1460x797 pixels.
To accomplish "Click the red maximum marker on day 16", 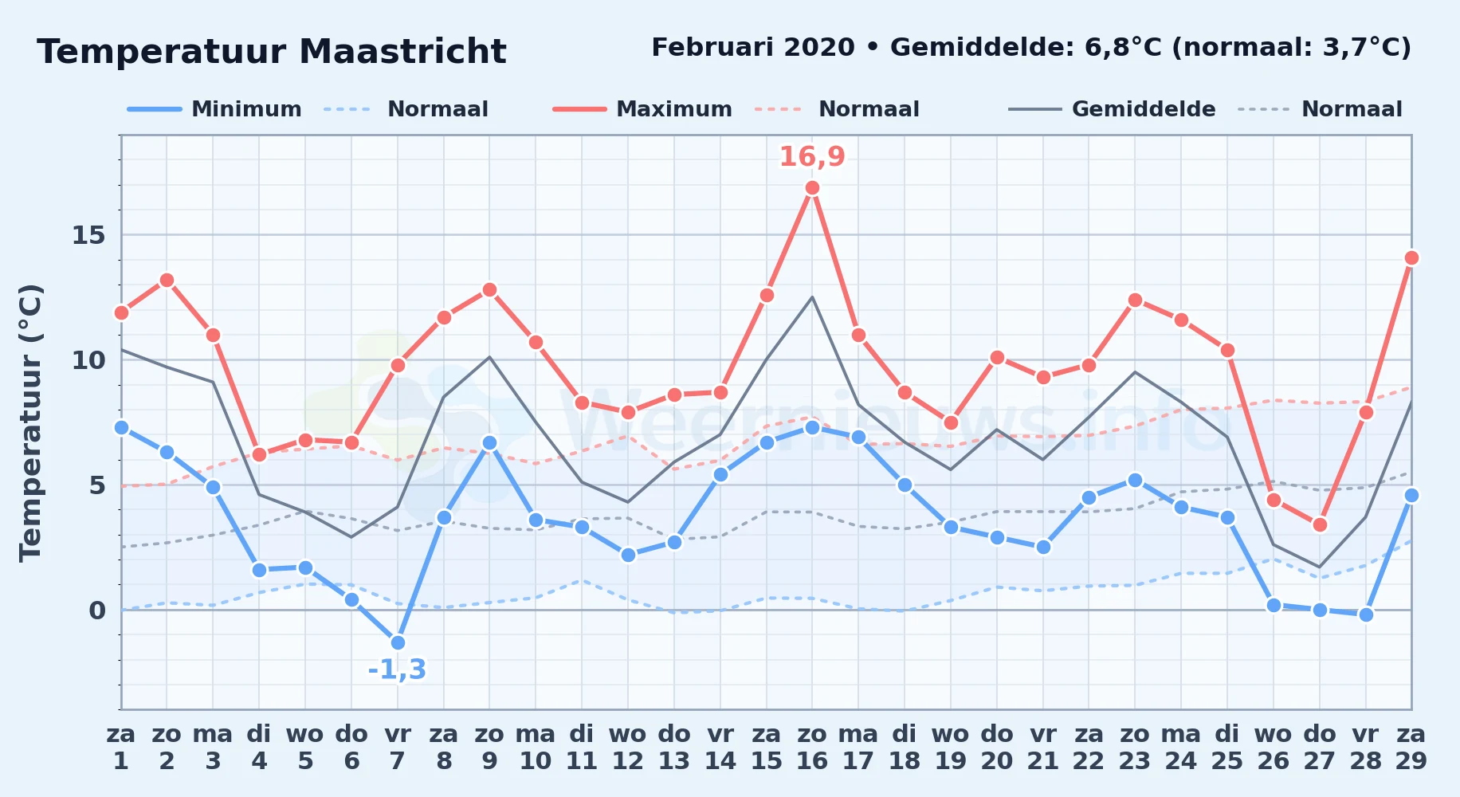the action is (812, 188).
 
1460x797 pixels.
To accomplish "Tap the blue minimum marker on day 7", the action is (398, 642).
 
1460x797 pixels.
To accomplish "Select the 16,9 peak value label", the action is (812, 157).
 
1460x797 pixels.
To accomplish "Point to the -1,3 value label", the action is (397, 669).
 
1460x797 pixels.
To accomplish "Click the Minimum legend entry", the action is (214, 109).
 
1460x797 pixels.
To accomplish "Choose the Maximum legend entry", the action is (642, 109).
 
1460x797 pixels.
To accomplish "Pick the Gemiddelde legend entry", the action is (1113, 109).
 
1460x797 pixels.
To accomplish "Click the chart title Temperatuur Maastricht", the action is (272, 52).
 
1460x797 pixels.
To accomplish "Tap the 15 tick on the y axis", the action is (88, 235).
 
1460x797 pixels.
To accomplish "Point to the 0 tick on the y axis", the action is (97, 610).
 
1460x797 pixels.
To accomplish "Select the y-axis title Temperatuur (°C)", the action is (30, 422).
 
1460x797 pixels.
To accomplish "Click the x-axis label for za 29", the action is (1411, 748).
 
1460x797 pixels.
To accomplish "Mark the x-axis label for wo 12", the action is (628, 748).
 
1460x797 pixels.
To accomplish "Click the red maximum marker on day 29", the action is (1411, 257).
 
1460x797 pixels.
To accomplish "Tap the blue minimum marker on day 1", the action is (121, 427).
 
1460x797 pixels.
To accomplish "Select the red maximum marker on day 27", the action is (1320, 524).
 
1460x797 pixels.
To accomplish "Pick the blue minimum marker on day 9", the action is (489, 442).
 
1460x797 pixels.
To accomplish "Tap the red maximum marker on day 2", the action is (167, 280).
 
